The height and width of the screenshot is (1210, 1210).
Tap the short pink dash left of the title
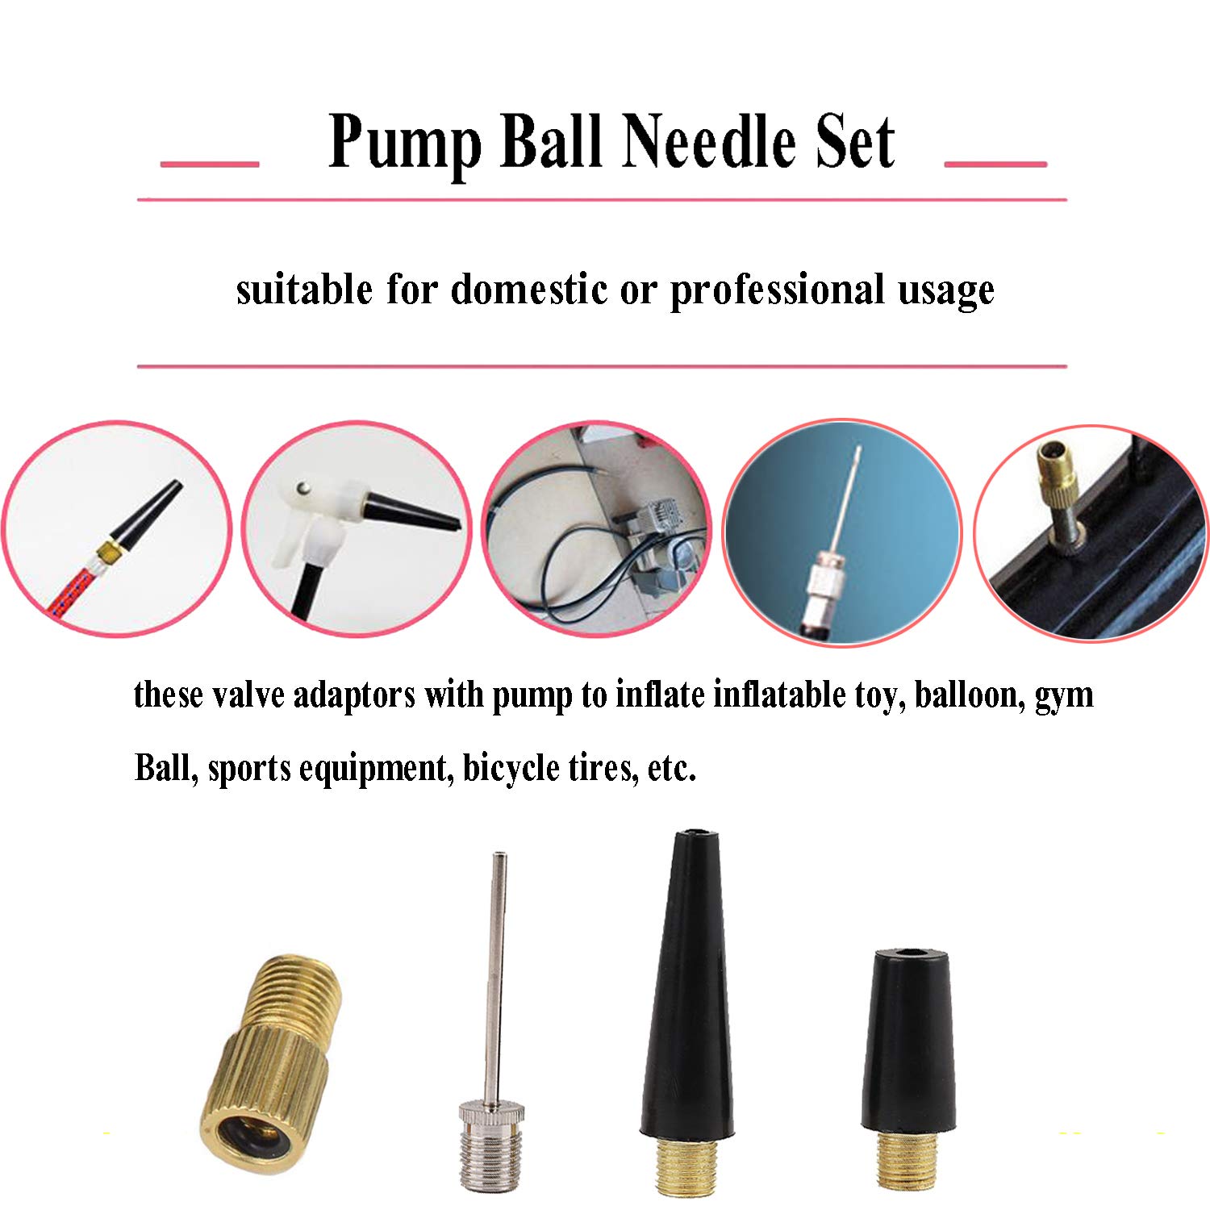coord(210,164)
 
